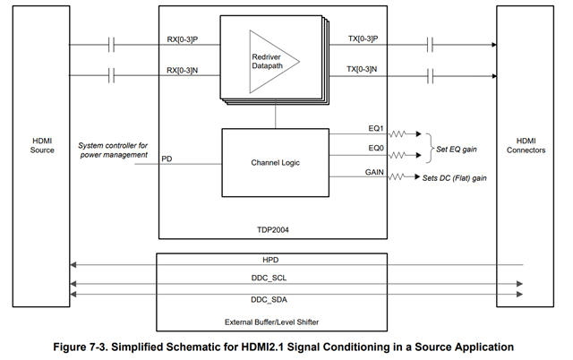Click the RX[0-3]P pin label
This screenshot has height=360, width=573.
pos(183,39)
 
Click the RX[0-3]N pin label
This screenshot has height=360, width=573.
pos(183,70)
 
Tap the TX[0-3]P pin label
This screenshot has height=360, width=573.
pos(363,39)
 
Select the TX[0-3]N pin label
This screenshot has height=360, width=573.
pos(362,69)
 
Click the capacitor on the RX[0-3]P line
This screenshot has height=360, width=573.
pos(111,45)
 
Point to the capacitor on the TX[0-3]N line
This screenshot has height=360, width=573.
pos(430,76)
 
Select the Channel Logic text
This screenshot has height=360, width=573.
pos(275,163)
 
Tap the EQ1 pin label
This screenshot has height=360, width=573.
pos(376,128)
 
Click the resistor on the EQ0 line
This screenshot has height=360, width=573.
pos(398,155)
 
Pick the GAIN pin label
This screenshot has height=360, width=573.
pos(374,172)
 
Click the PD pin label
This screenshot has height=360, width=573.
pos(167,159)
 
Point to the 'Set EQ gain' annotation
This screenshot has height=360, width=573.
pos(457,150)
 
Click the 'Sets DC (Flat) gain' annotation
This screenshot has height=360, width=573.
pos(455,178)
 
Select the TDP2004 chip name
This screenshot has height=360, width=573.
pos(272,230)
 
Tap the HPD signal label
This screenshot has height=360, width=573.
pos(270,260)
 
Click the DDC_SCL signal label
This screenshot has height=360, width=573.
pos(269,279)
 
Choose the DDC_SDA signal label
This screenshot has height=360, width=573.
pos(269,300)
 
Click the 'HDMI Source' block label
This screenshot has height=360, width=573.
pos(42,145)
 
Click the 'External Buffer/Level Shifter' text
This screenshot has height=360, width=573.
pos(271,322)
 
